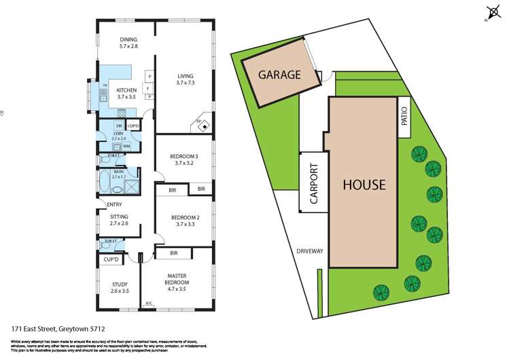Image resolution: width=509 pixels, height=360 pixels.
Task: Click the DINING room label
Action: coord(128,39)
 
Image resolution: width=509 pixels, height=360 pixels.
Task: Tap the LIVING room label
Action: coord(186,75)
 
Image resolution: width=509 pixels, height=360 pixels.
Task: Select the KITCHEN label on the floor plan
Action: coord(127,90)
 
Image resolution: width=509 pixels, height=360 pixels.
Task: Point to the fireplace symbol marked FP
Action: coord(200,122)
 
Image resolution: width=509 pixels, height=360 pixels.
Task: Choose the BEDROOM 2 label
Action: coord(185,219)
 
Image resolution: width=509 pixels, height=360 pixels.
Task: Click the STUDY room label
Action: coord(120,285)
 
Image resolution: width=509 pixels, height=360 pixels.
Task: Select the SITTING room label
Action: coord(119,217)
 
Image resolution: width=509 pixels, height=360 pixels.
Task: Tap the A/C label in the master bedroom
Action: coord(150,303)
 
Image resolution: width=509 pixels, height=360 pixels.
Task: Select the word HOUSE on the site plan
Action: coord(364,184)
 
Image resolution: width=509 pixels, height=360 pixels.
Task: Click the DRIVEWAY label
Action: coord(309,251)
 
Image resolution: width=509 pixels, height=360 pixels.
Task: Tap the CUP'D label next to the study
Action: coord(111,259)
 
